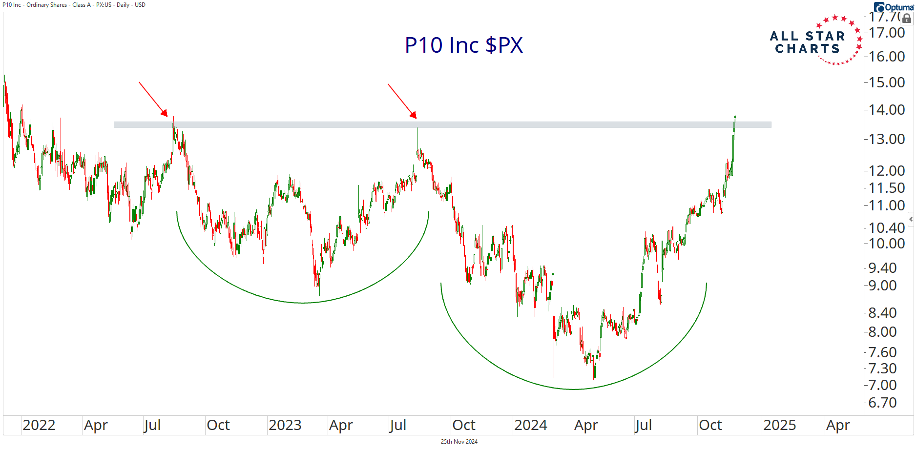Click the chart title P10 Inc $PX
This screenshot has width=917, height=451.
(463, 45)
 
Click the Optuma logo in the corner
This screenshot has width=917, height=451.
(894, 7)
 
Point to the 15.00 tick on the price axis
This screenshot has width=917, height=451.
(887, 82)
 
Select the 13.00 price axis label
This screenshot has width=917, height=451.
(887, 139)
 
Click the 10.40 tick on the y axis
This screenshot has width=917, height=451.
(887, 228)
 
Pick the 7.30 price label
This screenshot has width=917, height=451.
(882, 369)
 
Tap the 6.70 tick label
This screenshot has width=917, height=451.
(882, 403)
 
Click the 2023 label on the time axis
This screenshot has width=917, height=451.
(285, 425)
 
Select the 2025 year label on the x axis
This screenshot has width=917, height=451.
(779, 425)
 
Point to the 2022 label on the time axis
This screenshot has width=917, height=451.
(39, 425)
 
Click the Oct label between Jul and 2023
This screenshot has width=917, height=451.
(218, 425)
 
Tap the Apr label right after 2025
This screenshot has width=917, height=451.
(838, 425)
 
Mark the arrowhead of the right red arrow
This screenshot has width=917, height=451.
(415, 116)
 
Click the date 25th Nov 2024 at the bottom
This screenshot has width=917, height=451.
(459, 442)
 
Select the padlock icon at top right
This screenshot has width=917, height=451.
(907, 19)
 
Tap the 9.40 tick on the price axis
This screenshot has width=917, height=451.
(882, 268)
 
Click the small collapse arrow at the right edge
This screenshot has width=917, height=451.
(911, 219)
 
